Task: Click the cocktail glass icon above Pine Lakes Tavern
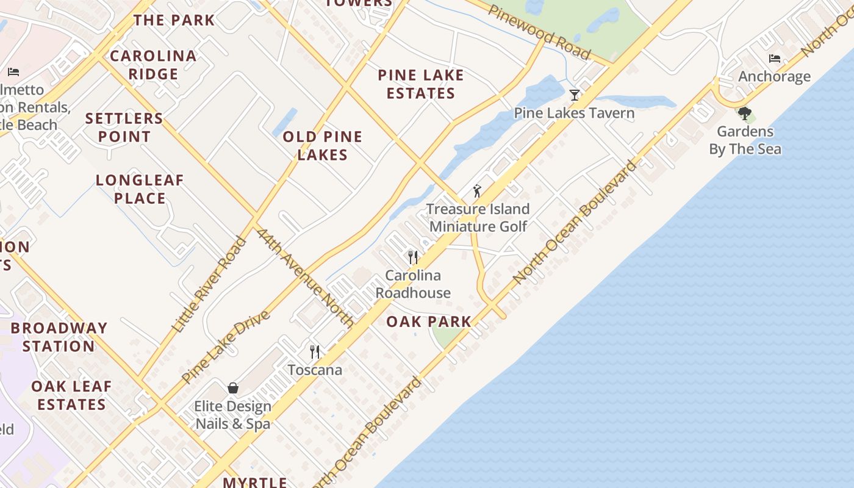pos(574,95)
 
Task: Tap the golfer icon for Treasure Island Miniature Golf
pos(477,191)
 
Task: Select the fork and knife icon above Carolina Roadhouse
pos(413,257)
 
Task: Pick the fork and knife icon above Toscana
pos(315,352)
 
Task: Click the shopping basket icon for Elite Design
pos(233,388)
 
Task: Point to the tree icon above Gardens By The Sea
pos(744,113)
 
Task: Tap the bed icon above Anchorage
pos(775,59)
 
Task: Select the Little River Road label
pos(209,285)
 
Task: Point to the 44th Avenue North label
pos(305,278)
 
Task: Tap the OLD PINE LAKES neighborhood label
pos(323,146)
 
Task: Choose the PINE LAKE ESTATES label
pos(421,84)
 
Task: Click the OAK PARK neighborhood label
pos(429,321)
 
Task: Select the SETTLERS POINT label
pos(124,127)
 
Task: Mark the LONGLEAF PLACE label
pos(140,189)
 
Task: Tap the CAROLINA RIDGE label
pos(153,65)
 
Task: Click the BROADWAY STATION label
pos(59,337)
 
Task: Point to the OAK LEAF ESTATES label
pos(71,395)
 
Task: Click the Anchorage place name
pos(775,76)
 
